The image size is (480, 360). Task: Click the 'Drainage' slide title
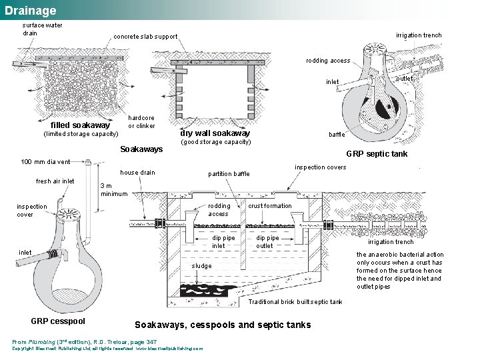pos(30,11)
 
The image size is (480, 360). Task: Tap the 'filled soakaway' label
pos(81,125)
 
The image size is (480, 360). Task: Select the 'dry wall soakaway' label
pos(215,133)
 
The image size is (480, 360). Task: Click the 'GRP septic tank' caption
pos(377,154)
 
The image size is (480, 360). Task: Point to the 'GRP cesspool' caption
pos(58,321)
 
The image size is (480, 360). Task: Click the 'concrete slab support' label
pos(145,37)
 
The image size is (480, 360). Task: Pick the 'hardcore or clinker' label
pos(141,122)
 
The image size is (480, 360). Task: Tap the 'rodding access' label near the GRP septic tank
pos(328,61)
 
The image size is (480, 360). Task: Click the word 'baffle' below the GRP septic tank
pos(337,135)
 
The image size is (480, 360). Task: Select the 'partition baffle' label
pos(229,174)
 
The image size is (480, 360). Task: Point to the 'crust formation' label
pos(270,206)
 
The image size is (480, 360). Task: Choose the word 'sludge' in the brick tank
pos(201,266)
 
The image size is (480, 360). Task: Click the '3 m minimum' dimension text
pos(113,190)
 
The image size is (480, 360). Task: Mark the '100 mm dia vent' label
pos(45,162)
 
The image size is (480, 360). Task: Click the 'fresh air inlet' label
pos(55,181)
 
